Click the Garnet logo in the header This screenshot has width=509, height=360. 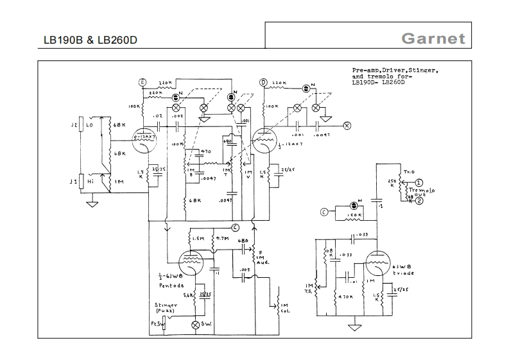(433, 38)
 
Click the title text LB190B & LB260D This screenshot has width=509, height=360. (90, 40)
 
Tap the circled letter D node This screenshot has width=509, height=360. (263, 83)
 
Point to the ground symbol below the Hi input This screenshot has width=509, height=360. (91, 205)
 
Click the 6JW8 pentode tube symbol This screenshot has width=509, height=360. (193, 259)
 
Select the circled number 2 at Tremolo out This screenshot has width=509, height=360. (418, 201)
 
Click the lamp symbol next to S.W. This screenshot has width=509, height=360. (196, 325)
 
